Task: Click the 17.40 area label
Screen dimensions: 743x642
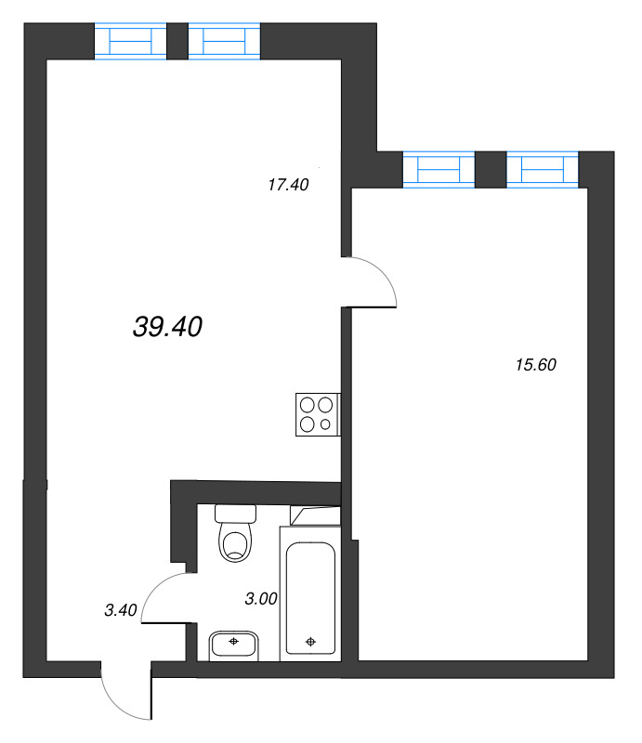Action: click(287, 185)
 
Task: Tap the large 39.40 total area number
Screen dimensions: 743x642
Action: click(168, 326)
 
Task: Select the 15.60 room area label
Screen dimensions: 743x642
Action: click(534, 365)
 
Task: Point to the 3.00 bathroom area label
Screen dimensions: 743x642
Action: click(261, 599)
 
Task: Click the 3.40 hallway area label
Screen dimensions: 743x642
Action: click(121, 610)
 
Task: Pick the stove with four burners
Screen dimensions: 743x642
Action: click(317, 414)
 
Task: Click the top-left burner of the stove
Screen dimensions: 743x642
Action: click(307, 405)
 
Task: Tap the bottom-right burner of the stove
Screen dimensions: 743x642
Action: click(326, 424)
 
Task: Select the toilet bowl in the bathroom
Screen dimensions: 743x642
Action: click(236, 543)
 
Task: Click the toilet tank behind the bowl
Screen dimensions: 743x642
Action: click(234, 513)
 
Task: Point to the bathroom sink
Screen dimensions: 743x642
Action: click(235, 643)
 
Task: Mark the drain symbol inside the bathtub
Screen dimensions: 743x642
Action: click(310, 640)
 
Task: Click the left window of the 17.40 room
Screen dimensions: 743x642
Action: click(130, 43)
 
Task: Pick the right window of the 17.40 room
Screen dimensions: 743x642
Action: click(224, 43)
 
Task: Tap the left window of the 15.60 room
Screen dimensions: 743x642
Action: click(439, 170)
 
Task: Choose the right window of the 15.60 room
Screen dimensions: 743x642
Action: click(543, 170)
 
